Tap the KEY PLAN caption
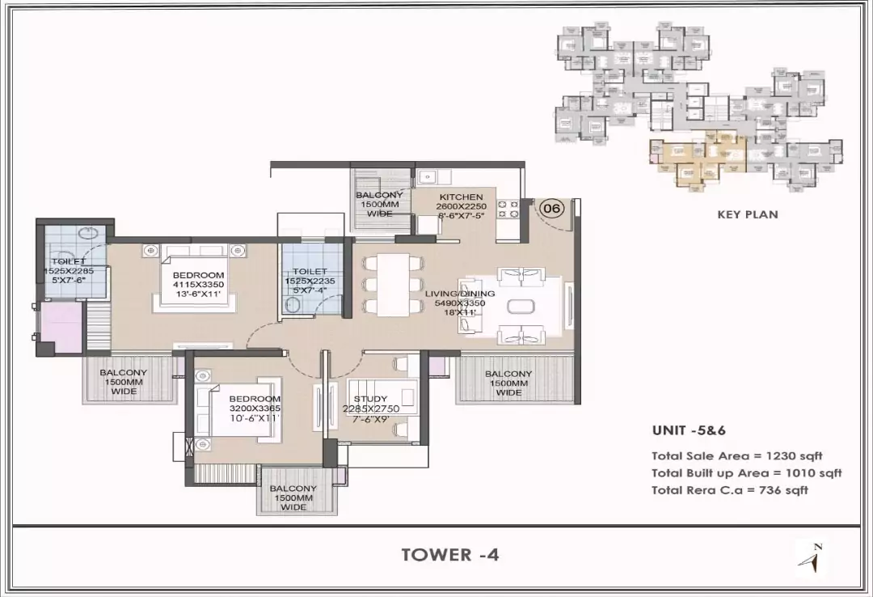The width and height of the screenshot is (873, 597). coord(748,214)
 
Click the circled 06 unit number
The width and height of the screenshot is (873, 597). coord(551,208)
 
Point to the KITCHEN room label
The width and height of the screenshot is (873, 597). coord(461,197)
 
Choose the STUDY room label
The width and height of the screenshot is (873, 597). coord(371,399)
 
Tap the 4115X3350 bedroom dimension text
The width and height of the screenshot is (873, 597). coord(198,285)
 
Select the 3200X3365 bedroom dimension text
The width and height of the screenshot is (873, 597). coord(254,409)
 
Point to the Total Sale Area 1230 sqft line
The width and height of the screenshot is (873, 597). coord(736,456)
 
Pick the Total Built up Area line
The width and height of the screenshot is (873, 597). coord(746,473)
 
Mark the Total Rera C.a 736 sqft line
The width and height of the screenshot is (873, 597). coord(729,490)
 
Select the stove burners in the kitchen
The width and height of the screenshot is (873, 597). coord(508,210)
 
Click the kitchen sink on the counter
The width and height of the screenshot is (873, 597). coord(428,176)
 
